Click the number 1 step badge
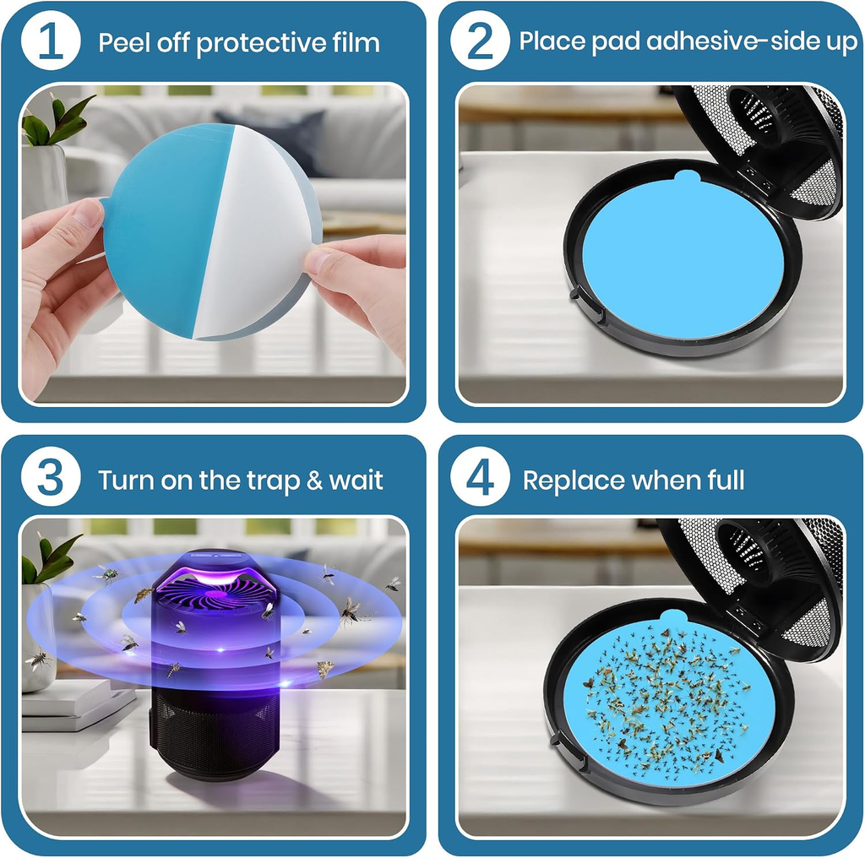(51, 41)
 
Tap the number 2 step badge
(480, 41)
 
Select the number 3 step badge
(51, 477)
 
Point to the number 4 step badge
(480, 477)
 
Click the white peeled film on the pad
(253, 231)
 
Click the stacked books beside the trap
(77, 703)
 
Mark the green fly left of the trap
(107, 575)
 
